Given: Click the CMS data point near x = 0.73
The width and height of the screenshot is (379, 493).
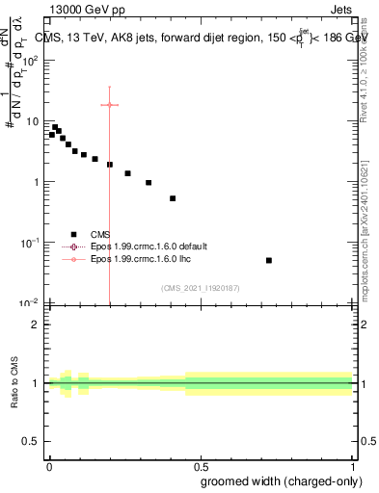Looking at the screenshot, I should tap(269, 260).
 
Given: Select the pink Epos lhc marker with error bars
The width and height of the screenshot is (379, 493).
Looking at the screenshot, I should tap(110, 105).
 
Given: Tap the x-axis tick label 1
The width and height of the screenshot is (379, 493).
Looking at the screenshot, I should tap(353, 465).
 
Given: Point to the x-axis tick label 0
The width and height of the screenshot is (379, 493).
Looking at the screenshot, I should tap(49, 465).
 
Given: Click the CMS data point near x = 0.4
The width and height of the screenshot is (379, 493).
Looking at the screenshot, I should tap(173, 198).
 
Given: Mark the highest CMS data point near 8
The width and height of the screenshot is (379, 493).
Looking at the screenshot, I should tap(55, 127).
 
